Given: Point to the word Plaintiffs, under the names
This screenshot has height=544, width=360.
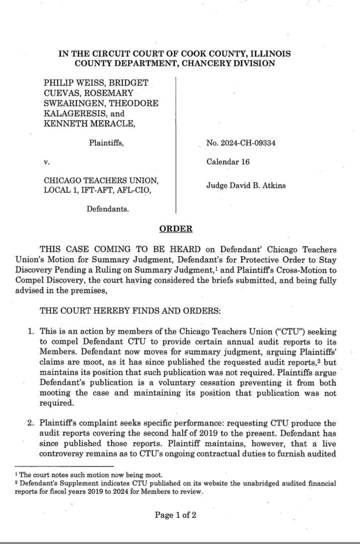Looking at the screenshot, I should (x=106, y=143).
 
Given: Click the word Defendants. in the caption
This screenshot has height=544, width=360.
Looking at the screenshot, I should (x=107, y=208).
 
